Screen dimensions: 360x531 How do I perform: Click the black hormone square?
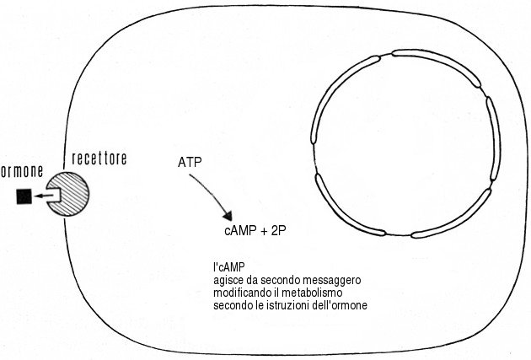point(23,197)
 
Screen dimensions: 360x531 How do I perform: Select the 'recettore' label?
point(99,159)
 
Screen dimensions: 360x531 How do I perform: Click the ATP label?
point(190,161)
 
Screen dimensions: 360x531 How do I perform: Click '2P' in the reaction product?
point(280,230)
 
